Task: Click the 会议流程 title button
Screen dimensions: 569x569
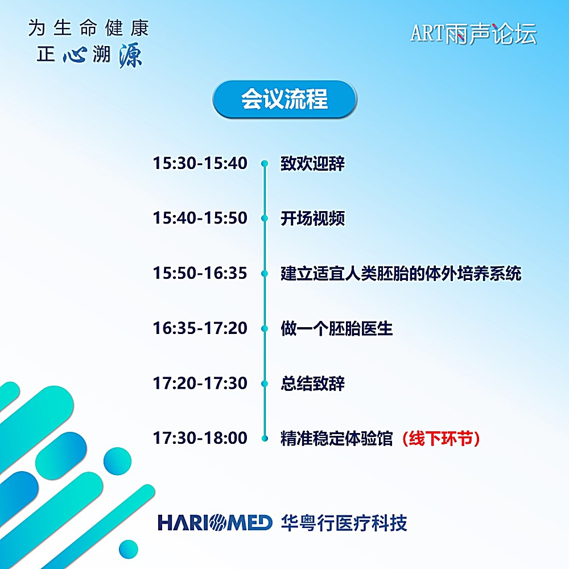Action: point(284,98)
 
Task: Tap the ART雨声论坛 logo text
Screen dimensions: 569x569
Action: point(473,34)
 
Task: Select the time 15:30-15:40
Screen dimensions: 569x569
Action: point(200,163)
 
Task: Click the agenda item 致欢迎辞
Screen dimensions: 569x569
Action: point(312,163)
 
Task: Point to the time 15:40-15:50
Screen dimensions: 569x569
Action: point(200,218)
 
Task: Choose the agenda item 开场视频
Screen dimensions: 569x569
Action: point(312,218)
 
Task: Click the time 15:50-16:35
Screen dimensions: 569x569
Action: point(200,273)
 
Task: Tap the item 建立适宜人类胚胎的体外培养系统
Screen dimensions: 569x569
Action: point(401,273)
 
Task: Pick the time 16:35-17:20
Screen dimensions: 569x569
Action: point(200,328)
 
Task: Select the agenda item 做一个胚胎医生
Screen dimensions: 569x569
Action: point(336,328)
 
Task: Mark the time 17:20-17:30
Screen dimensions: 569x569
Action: point(200,383)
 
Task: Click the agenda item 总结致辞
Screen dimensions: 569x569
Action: point(312,383)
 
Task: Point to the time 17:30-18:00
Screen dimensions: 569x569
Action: point(200,438)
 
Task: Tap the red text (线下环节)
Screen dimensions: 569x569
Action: point(441,438)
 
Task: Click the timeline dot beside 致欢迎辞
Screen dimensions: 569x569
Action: point(265,164)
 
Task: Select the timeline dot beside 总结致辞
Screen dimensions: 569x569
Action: point(265,384)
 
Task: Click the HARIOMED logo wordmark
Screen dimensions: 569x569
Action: point(215,522)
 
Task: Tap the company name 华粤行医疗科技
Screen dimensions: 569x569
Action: point(344,523)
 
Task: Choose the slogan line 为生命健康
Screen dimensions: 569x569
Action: point(89,28)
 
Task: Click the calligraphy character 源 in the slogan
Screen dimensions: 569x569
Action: point(130,55)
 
